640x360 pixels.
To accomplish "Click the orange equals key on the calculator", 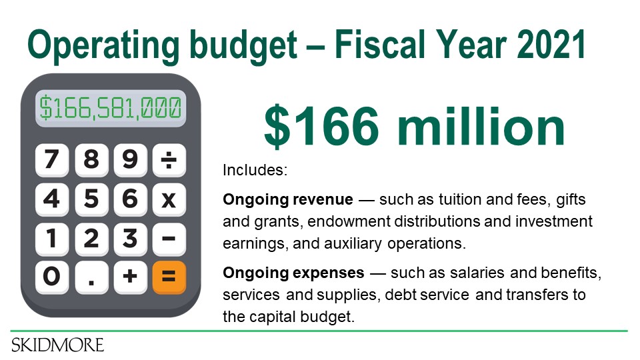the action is (169, 277).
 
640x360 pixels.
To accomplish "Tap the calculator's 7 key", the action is (52, 160).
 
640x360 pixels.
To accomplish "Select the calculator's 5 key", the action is (91, 199).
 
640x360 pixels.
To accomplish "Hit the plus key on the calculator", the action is (130, 277).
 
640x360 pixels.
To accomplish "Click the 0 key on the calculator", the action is (52, 277).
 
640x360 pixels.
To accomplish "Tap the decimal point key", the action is (91, 277).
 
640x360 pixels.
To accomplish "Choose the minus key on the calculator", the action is (169, 239).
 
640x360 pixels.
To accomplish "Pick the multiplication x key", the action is (169, 199).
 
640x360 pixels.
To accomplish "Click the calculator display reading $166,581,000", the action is (111, 108).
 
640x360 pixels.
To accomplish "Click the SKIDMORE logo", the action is (57, 345).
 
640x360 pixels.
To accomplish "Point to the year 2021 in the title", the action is (551, 45).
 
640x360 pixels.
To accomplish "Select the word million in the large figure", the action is (481, 126).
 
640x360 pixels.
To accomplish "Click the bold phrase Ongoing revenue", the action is (288, 199).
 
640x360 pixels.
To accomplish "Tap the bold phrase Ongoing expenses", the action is (293, 273).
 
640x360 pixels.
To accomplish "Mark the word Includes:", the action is (255, 170).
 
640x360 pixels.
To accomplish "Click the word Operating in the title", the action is (103, 47).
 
